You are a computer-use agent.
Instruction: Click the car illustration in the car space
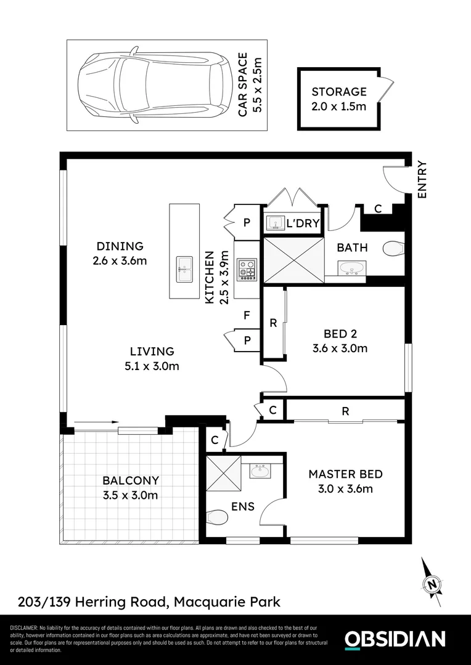(151, 85)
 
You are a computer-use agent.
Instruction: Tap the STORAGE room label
(338, 92)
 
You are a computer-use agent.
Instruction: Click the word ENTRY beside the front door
(422, 179)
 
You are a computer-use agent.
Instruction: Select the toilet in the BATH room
(393, 248)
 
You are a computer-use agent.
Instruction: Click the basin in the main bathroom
(351, 268)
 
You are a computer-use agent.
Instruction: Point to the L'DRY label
(303, 224)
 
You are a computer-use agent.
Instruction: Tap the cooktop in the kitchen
(248, 269)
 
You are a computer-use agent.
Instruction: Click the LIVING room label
(152, 352)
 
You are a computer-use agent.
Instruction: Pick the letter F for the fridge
(247, 316)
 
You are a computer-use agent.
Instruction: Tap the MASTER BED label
(345, 474)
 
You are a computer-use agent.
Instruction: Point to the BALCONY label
(130, 480)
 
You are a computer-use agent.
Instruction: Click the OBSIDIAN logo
(395, 639)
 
